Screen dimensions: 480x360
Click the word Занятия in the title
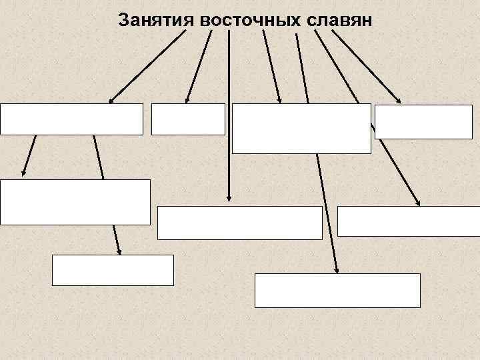pos(156,19)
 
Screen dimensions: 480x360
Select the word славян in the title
pos(342,19)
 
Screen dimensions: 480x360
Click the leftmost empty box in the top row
pos(72,119)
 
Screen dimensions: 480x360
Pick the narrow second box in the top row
pos(188,119)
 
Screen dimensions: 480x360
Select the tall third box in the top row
pos(302,129)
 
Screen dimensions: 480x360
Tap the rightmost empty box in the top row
pos(423,122)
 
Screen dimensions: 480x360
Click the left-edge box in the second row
pos(75,202)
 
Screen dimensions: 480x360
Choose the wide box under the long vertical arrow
pos(240,223)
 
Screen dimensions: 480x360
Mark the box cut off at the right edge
pos(409,221)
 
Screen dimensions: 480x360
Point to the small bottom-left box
pos(113,270)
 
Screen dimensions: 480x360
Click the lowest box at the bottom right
pos(337,290)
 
